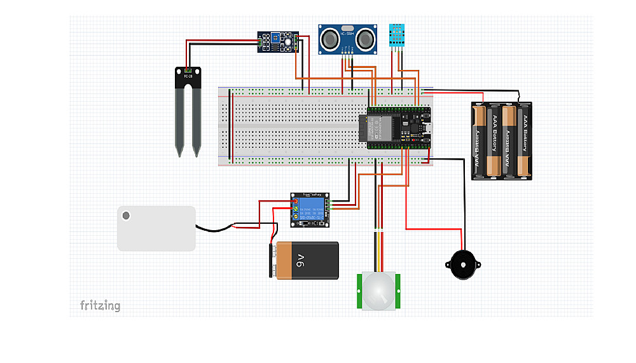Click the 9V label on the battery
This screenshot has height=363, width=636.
301,259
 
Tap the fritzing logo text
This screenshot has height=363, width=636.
100,306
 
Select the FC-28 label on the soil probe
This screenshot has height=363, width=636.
188,77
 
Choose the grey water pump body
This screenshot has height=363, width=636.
156,228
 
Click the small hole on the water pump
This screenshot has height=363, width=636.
126,216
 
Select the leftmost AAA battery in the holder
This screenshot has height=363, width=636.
478,141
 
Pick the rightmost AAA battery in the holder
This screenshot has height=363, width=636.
525,141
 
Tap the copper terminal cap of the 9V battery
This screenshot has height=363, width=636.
273,261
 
